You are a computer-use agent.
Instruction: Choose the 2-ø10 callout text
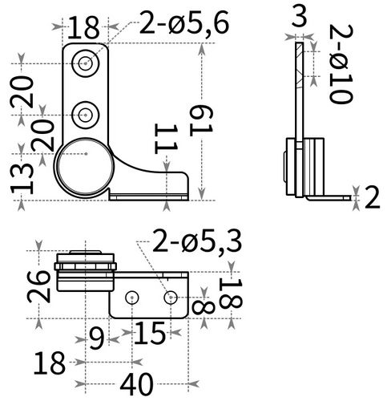click(x=343, y=63)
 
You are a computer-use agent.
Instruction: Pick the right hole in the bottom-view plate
click(x=169, y=298)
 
